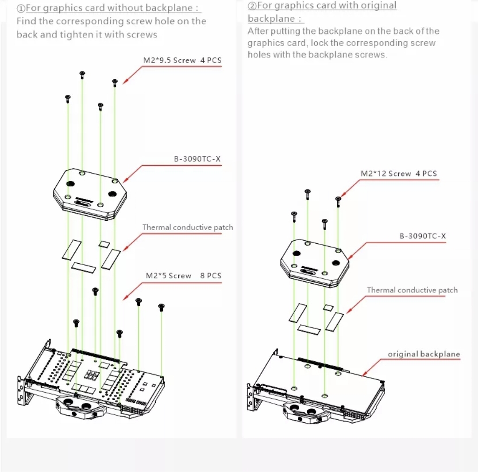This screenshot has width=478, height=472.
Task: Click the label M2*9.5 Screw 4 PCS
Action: [182, 60]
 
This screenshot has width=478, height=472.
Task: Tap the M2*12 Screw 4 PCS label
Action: [398, 174]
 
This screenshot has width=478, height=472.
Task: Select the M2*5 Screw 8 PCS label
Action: [183, 276]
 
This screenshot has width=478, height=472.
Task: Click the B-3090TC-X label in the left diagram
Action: [197, 159]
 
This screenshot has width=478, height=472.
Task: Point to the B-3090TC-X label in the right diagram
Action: [423, 236]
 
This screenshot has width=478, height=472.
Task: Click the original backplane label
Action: [424, 354]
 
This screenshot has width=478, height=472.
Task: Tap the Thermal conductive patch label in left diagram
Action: [187, 227]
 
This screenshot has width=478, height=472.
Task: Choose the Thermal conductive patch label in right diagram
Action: [412, 290]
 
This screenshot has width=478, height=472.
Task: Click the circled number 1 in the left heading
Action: [21, 8]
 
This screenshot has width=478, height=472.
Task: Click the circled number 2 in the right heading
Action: [252, 6]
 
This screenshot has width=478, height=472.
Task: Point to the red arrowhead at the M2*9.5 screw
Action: [125, 81]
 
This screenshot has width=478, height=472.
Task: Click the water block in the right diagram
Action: [315, 263]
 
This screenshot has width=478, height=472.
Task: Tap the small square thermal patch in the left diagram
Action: [104, 243]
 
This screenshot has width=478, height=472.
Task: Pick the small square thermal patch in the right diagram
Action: [328, 307]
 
